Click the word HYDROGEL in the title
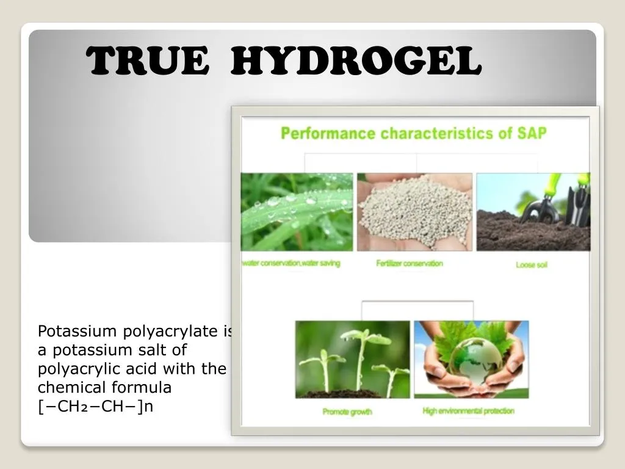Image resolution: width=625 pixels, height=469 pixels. point(356,62)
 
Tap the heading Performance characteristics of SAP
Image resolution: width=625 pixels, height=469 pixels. point(413,133)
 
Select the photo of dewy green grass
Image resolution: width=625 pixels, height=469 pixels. point(297,212)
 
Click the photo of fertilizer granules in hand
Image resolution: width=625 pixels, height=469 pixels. point(414,212)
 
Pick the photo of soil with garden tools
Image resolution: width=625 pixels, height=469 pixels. point(533,212)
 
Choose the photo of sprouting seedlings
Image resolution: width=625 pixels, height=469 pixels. point(352,360)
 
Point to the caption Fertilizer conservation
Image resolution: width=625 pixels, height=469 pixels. point(410,263)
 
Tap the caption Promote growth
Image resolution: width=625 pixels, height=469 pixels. point(347,412)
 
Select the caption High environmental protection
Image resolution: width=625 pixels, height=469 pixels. point(468,411)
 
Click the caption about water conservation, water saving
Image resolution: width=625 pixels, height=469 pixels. point(292,263)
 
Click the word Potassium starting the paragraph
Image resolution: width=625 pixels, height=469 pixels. point(77,332)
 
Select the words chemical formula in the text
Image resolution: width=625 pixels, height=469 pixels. point(104,388)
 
